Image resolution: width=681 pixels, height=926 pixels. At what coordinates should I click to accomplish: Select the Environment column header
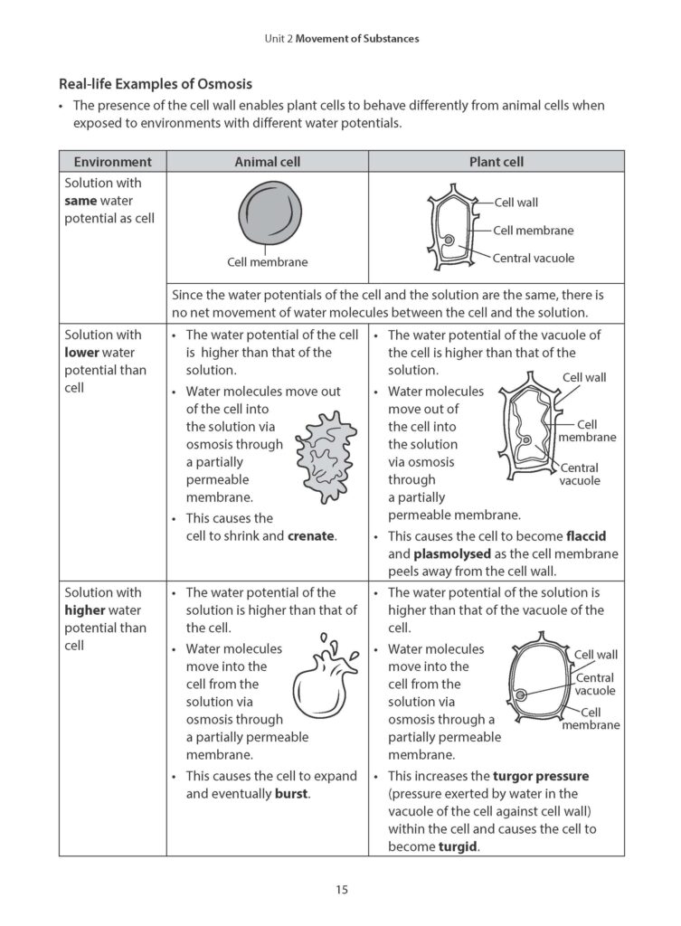coord(112,162)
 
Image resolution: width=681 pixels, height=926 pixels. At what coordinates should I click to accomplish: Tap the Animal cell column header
coord(267,162)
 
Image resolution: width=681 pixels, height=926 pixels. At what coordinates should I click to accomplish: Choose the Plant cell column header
coord(496,162)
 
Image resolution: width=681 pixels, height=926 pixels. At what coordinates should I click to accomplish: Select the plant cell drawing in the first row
coord(449,230)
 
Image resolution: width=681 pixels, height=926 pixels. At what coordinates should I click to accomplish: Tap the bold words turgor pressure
coord(540,776)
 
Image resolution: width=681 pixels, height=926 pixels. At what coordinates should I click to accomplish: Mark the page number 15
coord(340,890)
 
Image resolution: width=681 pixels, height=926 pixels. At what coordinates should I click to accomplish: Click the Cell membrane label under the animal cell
coord(267,262)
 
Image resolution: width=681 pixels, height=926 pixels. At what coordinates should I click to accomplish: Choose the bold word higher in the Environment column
coord(84,610)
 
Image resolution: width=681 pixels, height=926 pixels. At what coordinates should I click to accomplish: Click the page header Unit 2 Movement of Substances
coord(340,39)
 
